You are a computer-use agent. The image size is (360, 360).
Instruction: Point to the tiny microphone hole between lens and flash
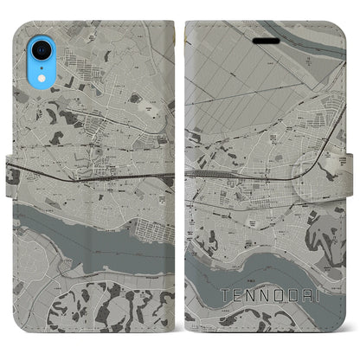point(22,30)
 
